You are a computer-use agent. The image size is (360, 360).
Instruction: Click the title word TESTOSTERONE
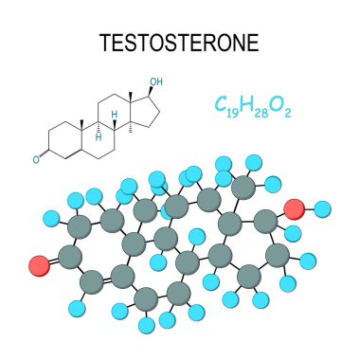179,45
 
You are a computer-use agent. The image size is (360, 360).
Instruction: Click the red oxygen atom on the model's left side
38,261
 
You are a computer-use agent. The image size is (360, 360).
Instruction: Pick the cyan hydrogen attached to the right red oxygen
323,208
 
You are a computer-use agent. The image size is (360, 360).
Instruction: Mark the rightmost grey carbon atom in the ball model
278,254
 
